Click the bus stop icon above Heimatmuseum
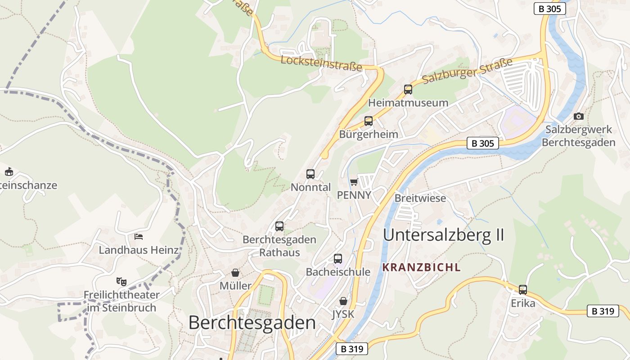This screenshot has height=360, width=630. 408,90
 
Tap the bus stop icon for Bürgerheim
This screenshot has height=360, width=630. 369,121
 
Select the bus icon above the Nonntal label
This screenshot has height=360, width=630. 310,174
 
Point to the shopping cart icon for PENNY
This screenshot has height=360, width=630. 354,182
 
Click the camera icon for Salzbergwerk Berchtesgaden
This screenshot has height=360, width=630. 579,117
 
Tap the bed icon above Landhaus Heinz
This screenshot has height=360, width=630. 139,237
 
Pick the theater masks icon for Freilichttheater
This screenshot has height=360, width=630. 121,282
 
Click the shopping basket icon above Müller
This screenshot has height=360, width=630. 235,273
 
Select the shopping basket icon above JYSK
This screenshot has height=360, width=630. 343,301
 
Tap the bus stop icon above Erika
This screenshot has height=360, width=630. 523,290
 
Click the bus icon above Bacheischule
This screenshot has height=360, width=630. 338,259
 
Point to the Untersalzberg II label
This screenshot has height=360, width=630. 443,235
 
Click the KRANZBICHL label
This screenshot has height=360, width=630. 421,267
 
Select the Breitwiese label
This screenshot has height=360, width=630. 420,198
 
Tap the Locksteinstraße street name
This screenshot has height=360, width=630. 321,63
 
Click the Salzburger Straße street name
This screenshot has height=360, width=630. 468,71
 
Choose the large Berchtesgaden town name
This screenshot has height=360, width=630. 252,323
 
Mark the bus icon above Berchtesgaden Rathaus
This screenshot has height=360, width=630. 279,226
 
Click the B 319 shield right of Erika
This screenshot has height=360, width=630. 603,311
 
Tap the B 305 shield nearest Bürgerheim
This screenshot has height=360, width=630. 483,143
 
